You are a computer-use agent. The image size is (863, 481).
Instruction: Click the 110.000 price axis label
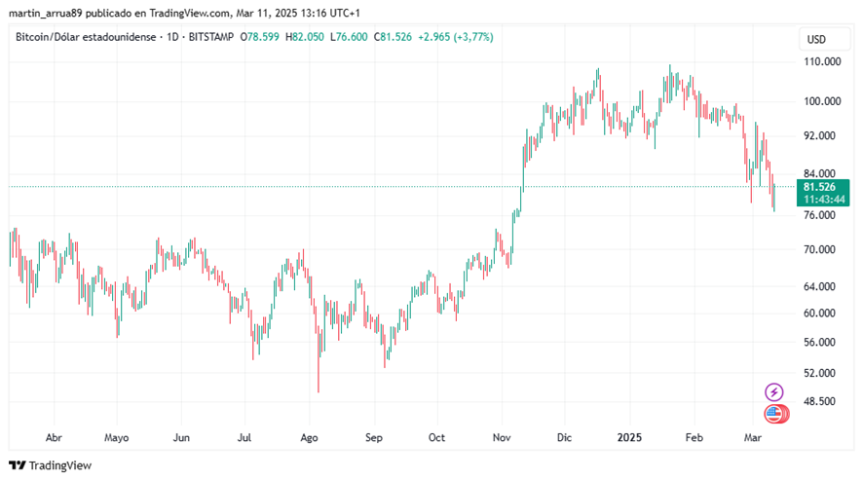(x=823, y=61)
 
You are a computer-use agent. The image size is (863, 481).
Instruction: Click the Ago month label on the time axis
(x=310, y=438)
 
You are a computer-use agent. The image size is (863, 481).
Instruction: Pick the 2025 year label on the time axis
(x=628, y=438)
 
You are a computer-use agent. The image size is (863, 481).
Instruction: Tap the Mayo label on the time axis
(x=116, y=438)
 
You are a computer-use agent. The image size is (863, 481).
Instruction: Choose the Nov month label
(x=502, y=438)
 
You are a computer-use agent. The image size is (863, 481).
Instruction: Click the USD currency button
(x=816, y=39)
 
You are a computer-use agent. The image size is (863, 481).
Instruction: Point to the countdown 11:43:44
(x=824, y=199)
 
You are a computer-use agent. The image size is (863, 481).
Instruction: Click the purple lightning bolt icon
(x=774, y=392)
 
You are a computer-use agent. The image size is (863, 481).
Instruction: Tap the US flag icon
(x=774, y=414)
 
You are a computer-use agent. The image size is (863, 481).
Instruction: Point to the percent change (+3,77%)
(x=469, y=37)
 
